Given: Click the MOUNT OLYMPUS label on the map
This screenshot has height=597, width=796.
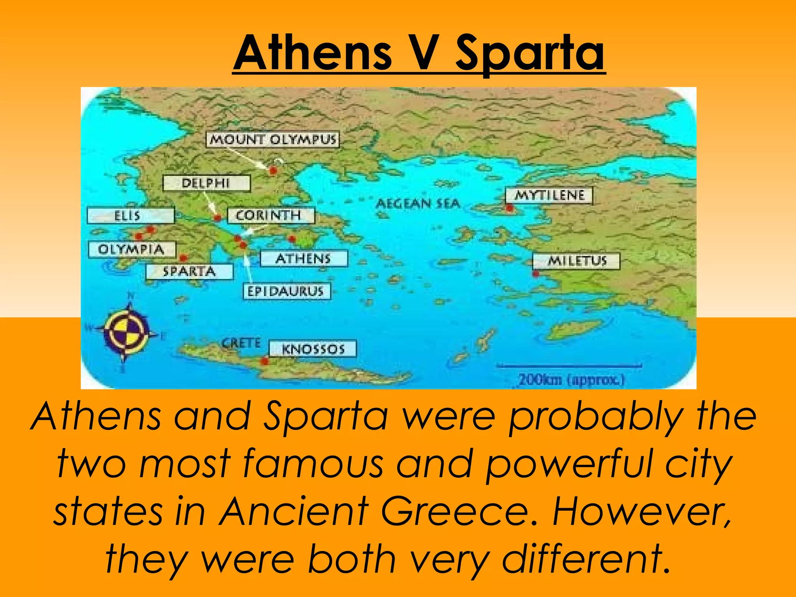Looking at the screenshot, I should pos(272,140).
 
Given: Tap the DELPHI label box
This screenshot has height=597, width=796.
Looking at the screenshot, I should pos(206,183).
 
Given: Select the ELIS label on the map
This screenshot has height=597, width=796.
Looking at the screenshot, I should pos(131,215).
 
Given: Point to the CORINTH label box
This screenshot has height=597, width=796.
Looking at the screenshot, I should pos(271,215).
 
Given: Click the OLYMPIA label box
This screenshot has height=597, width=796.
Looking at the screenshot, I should pos(132,249).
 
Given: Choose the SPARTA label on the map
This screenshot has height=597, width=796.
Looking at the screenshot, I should pos(189,271).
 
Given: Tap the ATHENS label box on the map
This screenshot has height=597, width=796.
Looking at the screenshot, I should pos(304,258).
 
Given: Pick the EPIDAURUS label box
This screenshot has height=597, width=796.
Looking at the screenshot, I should pos(286,291).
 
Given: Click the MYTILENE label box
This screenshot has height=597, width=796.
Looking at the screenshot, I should pos(549,195).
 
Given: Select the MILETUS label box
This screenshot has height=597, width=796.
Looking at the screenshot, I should pos(576,261).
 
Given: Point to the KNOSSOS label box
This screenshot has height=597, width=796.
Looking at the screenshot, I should pos(313,349).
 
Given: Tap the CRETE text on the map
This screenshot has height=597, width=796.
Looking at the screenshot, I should pos(241,343).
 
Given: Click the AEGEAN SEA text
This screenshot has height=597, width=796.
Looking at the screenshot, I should pos(418,203).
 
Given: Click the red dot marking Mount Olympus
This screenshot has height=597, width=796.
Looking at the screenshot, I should pos(273,170).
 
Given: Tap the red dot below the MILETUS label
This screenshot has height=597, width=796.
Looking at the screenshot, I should pos(536,274).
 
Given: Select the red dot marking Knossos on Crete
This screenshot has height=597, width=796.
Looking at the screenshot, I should pos(265,361).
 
